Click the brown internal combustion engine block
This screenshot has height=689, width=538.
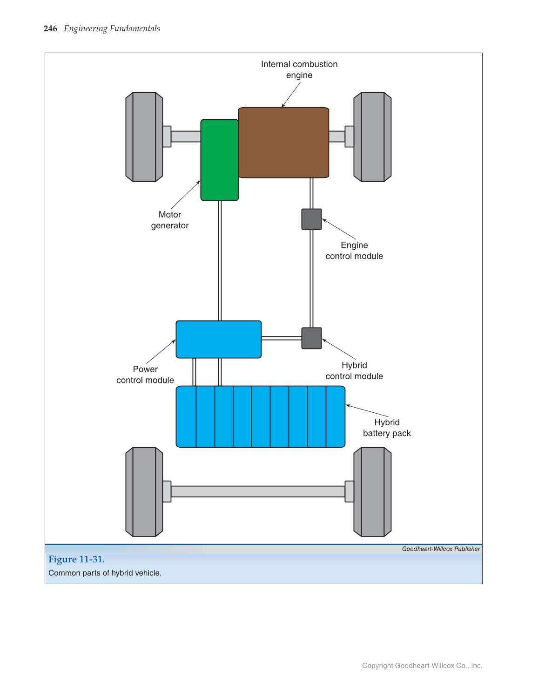283,143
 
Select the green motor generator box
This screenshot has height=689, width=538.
219,160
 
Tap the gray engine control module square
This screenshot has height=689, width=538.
311,219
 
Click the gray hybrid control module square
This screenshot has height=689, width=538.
311,338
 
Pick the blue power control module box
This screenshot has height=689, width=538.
218,339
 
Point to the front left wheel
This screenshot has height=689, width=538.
144,137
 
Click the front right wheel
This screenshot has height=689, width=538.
372,137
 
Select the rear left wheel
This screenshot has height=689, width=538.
144,492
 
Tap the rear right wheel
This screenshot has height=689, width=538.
372,492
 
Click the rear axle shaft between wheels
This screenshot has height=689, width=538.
258,491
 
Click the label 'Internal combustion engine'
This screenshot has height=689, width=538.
299,70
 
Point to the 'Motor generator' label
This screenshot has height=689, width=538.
170,220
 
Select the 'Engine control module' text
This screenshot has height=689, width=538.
354,251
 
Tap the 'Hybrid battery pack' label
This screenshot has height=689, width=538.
387,428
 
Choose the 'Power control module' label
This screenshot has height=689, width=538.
145,375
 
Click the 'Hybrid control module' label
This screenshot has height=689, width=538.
354,371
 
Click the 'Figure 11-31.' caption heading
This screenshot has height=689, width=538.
76,559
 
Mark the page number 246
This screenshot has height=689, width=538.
50,28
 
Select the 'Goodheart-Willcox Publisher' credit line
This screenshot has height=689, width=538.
441,549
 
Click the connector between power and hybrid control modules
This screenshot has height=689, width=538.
281,338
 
